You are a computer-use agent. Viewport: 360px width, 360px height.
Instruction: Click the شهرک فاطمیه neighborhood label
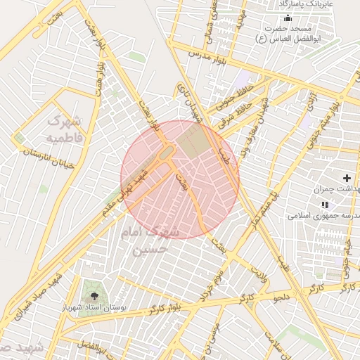click(x=65, y=129)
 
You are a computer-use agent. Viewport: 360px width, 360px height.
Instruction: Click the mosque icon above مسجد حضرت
click(x=286, y=19)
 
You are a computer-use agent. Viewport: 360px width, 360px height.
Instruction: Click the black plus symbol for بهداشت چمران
click(x=347, y=179)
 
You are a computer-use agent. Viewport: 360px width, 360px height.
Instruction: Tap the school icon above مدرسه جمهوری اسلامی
click(x=323, y=204)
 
